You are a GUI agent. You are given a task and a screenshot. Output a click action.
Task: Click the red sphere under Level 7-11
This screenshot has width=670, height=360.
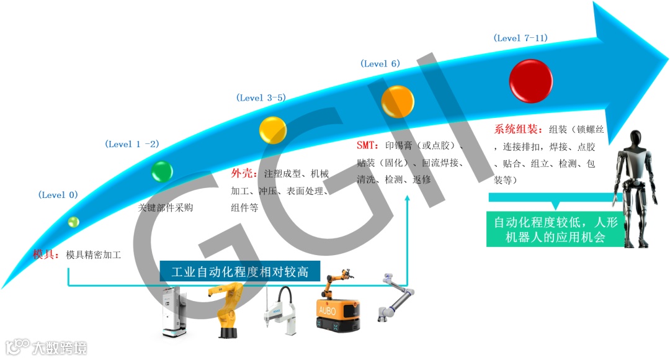click(530, 81)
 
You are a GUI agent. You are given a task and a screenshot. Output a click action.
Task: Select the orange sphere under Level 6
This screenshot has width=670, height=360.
click(398, 102)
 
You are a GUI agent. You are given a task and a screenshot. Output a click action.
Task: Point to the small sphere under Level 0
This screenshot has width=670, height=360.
click(74, 221)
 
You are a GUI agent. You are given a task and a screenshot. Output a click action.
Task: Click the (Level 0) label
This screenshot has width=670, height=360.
click(58, 195)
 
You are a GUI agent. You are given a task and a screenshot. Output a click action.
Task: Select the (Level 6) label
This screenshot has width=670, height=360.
click(380, 64)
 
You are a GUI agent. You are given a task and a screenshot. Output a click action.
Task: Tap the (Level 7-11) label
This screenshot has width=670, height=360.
click(520, 38)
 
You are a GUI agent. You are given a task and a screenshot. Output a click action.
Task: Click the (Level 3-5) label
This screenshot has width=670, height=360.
click(261, 97)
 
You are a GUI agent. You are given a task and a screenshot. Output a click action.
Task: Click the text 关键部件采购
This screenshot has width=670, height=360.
click(165, 207)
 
